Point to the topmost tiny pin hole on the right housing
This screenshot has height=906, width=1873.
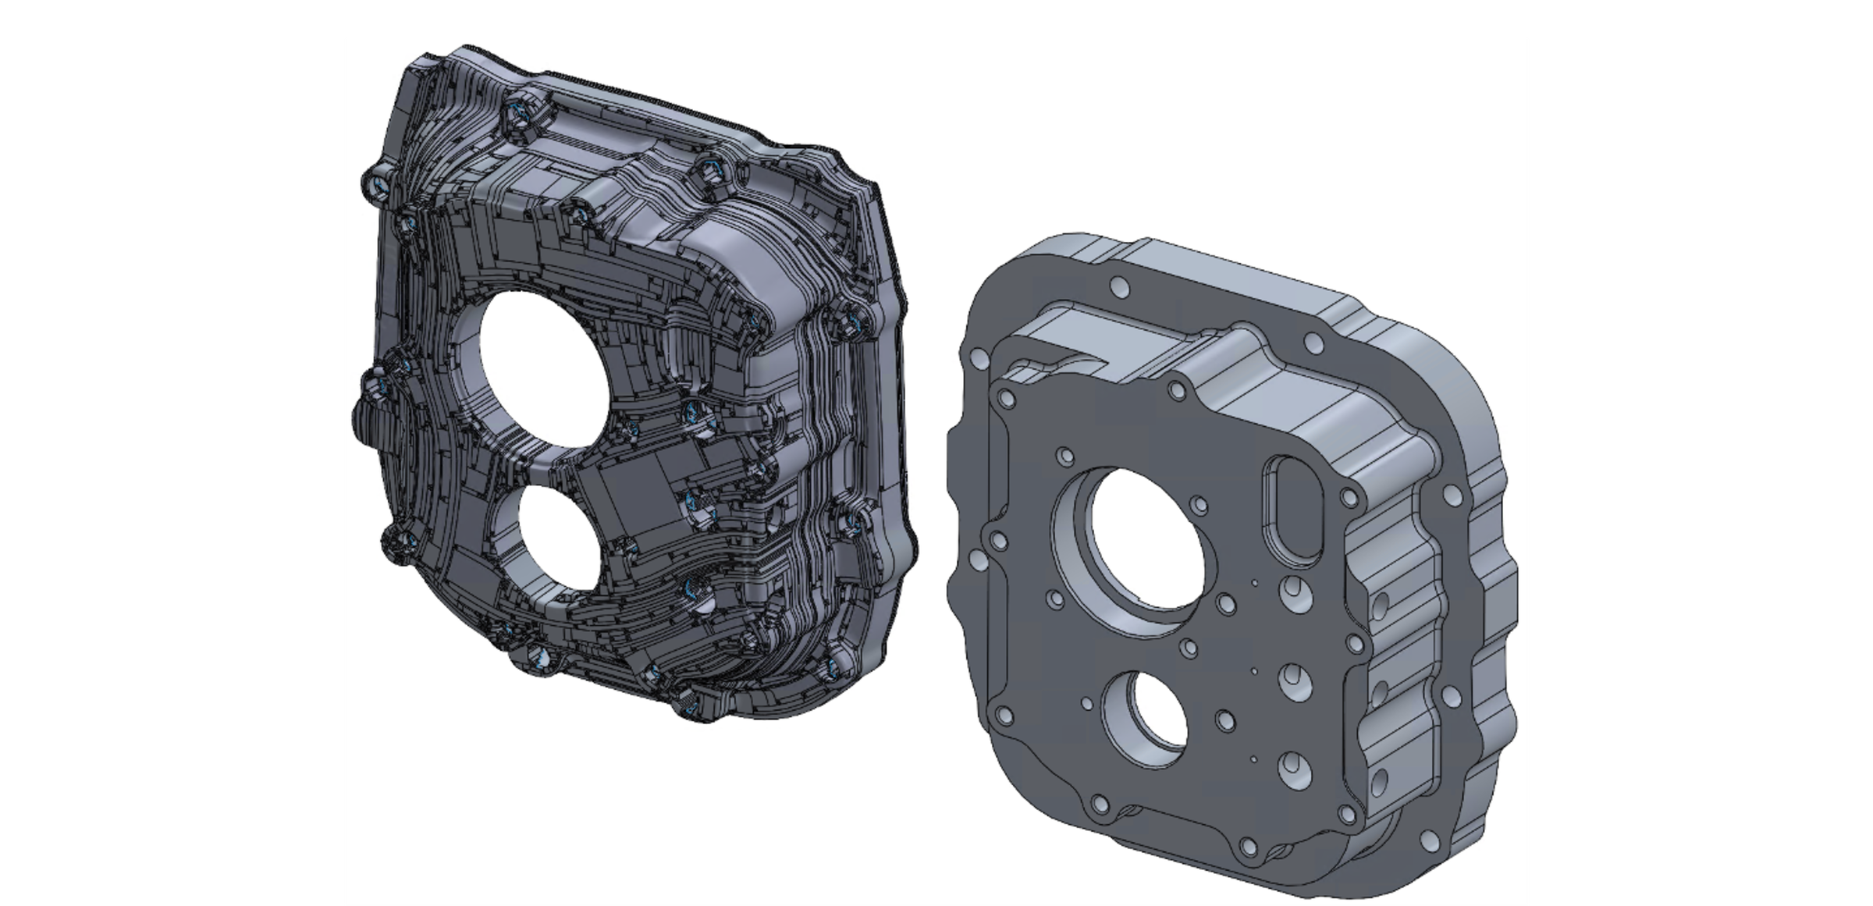click(x=1253, y=582)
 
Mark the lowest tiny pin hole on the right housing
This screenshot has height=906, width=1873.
click(x=1253, y=758)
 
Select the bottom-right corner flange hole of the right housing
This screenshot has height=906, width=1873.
click(x=1430, y=840)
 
